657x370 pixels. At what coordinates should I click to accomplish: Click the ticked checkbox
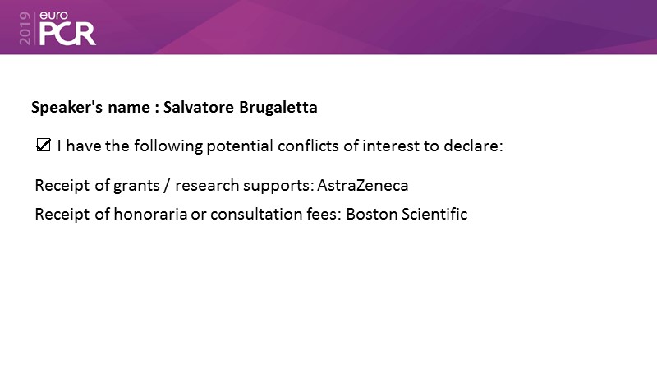(x=44, y=146)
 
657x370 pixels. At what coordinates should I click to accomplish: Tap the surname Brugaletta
(x=278, y=107)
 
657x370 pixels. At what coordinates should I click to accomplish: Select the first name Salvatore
(x=199, y=107)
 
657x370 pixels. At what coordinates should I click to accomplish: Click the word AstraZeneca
(x=362, y=185)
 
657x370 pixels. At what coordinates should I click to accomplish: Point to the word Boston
(x=372, y=214)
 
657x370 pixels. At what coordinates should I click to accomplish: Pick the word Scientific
(x=434, y=214)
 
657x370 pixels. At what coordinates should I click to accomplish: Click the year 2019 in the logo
(x=25, y=28)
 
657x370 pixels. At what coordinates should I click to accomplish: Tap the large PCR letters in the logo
(x=67, y=35)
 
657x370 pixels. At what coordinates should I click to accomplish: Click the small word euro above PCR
(x=53, y=16)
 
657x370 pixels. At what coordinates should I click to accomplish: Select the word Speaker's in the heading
(x=67, y=108)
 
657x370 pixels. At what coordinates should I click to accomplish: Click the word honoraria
(x=150, y=214)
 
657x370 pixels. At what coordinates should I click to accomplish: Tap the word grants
(x=136, y=186)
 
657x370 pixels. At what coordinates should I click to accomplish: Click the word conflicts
(x=308, y=146)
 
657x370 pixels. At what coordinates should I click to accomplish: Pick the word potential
(x=240, y=146)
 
